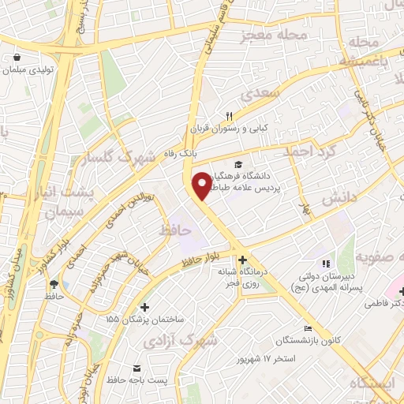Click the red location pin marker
[x=203, y=185]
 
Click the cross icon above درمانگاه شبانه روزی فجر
[x=242, y=260]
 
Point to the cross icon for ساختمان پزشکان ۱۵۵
[x=144, y=307]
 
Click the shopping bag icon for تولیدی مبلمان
[x=17, y=56]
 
